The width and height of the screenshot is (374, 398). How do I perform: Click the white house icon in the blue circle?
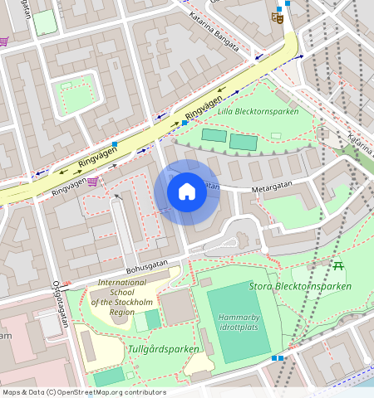coord(187,192)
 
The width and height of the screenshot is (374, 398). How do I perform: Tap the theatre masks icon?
coord(278,15)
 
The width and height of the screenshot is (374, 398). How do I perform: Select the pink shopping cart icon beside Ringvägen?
coord(93,181)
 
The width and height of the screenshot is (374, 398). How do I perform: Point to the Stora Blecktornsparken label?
coord(300,287)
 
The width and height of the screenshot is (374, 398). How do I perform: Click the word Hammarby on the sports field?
coord(239,318)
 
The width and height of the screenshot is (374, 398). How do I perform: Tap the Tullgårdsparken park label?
coord(164,349)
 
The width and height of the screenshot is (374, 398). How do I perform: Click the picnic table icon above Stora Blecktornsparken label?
coord(338,265)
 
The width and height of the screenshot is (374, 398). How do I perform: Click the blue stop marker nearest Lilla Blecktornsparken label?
coord(185,123)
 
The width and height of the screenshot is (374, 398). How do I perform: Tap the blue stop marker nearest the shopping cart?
coord(115,145)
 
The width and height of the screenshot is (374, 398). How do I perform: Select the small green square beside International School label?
coord(152,320)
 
